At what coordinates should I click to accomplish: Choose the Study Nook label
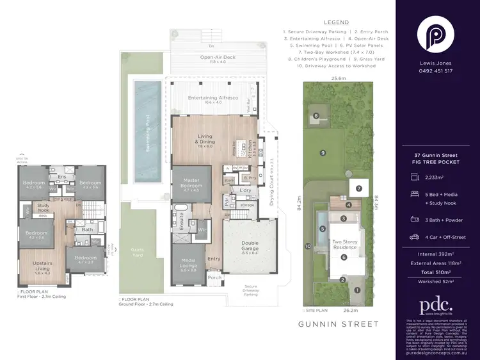[x=43, y=208]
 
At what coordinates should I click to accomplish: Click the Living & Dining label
[x=205, y=142]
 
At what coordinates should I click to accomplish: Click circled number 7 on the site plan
[x=359, y=188]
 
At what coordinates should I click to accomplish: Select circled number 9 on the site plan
[x=323, y=152]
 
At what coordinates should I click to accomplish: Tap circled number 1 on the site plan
[x=358, y=290]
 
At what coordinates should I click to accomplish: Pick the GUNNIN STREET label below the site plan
[x=339, y=324]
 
